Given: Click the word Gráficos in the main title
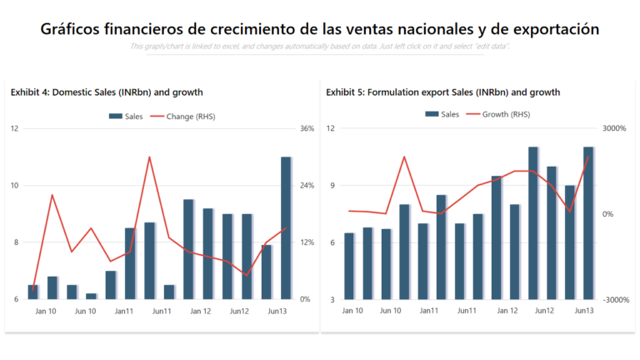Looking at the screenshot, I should pyautogui.click(x=70, y=29).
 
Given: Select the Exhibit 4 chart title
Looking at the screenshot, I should pyautogui.click(x=107, y=92).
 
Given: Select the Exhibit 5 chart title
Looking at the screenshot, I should pyautogui.click(x=442, y=92).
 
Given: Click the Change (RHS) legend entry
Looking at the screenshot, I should pyautogui.click(x=184, y=116).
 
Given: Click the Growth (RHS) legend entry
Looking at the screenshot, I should pyautogui.click(x=499, y=114).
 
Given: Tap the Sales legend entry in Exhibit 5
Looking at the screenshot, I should pyautogui.click(x=442, y=114).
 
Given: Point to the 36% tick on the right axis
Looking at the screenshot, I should pyautogui.click(x=307, y=128).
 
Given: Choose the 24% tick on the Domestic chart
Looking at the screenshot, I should pyautogui.click(x=307, y=185).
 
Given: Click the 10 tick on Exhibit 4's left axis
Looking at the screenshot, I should pyautogui.click(x=15, y=185).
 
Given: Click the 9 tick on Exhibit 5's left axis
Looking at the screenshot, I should pyautogui.click(x=332, y=185).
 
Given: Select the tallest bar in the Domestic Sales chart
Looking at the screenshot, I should pyautogui.click(x=286, y=227).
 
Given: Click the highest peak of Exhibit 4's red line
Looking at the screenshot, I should pyautogui.click(x=149, y=157).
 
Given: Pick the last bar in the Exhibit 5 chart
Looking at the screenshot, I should pyautogui.click(x=587, y=222).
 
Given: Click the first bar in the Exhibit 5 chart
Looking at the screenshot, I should pyautogui.click(x=349, y=266).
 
